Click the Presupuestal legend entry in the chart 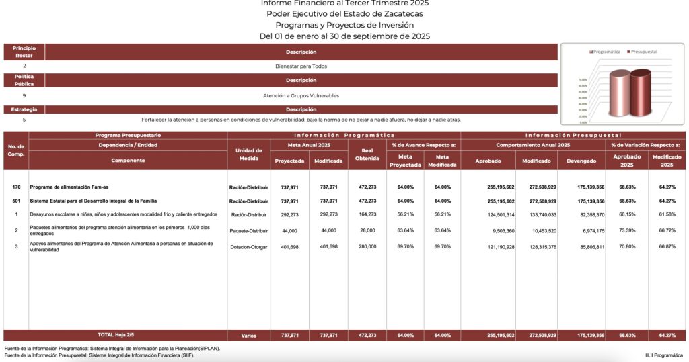[644, 52]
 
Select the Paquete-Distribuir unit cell [249, 230]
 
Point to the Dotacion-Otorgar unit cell [249, 246]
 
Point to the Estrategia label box [24, 109]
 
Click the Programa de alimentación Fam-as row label [74, 187]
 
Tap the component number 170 [16, 187]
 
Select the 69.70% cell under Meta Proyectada [404, 246]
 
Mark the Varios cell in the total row [249, 335]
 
